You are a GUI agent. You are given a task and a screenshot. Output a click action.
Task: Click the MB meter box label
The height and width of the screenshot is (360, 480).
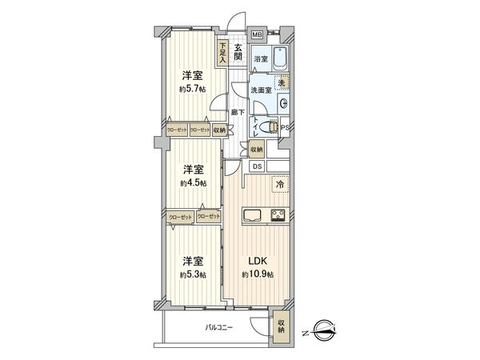[257, 35]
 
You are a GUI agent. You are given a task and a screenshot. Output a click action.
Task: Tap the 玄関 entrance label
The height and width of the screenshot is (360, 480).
[239, 53]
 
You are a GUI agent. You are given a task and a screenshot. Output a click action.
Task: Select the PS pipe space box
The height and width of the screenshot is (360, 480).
[285, 126]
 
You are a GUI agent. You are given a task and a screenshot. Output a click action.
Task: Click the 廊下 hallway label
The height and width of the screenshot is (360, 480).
[237, 113]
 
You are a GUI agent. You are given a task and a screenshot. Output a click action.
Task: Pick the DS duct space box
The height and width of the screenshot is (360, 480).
[258, 166]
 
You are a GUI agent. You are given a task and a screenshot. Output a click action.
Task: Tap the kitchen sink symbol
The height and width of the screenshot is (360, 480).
[252, 214]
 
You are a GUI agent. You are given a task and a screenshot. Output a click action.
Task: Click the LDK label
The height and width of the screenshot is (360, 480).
[258, 261]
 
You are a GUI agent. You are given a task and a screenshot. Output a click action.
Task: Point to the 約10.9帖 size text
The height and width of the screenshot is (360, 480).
[258, 274]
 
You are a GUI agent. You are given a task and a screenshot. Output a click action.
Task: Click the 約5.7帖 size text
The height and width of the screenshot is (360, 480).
[192, 89]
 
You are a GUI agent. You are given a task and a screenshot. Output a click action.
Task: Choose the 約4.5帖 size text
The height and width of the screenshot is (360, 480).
[192, 182]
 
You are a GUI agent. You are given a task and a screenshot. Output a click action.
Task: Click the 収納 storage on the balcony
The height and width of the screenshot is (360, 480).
[281, 324]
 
